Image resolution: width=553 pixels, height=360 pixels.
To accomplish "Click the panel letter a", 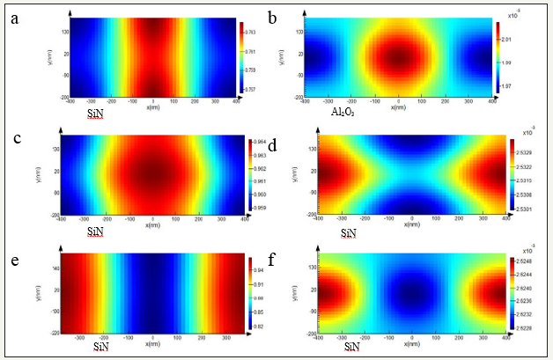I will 14,18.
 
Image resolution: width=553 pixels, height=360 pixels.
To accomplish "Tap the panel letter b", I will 275,18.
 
